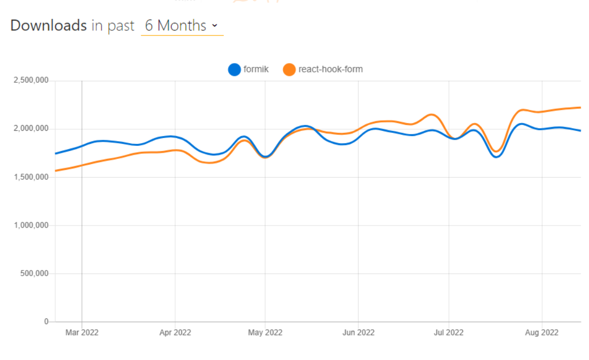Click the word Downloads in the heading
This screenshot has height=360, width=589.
[x=48, y=25]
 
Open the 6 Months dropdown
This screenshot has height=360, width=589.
[x=181, y=26]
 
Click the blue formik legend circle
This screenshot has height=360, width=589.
[x=235, y=69]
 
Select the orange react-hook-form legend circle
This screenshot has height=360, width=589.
[x=289, y=69]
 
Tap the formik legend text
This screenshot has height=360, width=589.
[x=256, y=69]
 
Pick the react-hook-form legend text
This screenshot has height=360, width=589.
[x=330, y=69]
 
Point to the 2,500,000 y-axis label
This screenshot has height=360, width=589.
[x=31, y=81]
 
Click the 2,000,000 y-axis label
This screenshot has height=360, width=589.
[x=31, y=129]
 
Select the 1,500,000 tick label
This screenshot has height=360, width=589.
[x=31, y=177]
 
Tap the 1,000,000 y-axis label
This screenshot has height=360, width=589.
[x=31, y=226]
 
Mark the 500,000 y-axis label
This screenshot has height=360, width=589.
[x=34, y=274]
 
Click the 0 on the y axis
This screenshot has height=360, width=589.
[x=46, y=322]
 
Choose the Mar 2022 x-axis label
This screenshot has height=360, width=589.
[x=82, y=332]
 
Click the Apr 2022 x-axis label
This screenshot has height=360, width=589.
[x=175, y=332]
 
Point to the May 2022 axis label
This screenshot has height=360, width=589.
[x=265, y=332]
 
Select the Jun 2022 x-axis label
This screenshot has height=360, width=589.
[x=358, y=332]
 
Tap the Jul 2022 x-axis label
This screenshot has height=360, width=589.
[x=448, y=332]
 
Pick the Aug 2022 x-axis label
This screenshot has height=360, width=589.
[x=542, y=332]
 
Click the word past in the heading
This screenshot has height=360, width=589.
[x=121, y=26]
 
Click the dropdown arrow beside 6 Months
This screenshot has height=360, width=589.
[x=215, y=26]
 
